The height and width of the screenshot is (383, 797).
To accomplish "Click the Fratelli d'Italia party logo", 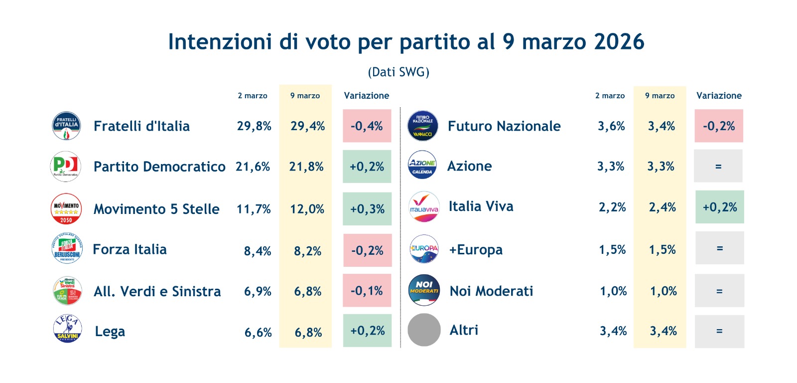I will click(x=66, y=126).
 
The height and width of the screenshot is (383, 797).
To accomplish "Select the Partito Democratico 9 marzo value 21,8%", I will click(x=306, y=167).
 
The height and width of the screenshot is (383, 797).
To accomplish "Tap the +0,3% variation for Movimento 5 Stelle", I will click(x=367, y=209).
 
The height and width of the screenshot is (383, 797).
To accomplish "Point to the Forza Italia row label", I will click(x=130, y=249).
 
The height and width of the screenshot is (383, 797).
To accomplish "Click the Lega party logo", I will click(x=67, y=329).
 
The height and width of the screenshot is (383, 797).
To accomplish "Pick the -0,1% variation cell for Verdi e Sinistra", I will click(x=367, y=291).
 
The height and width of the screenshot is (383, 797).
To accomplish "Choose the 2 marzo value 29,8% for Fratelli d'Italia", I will click(x=254, y=126).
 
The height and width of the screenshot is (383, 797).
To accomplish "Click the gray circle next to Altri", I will click(x=424, y=330).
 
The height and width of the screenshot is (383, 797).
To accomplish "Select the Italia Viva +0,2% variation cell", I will click(x=719, y=207).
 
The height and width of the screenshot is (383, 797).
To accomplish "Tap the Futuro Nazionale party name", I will click(x=504, y=126).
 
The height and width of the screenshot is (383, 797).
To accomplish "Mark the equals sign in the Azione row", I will click(x=718, y=167).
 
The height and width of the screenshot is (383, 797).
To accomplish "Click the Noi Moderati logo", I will click(x=424, y=290).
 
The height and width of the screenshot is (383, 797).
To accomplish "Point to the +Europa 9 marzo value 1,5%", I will click(x=662, y=249).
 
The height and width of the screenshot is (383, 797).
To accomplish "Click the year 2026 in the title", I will click(x=619, y=42).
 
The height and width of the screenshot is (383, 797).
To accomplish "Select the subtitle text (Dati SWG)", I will click(x=398, y=72).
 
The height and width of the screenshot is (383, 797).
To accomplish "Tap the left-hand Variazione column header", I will click(x=367, y=96).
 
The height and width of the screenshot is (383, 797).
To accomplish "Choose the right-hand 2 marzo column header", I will click(x=610, y=96).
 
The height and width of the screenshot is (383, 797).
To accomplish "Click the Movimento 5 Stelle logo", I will click(x=66, y=208).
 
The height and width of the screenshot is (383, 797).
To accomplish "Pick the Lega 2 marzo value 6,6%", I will click(x=258, y=333).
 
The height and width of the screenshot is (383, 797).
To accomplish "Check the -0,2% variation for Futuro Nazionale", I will click(x=719, y=126).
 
